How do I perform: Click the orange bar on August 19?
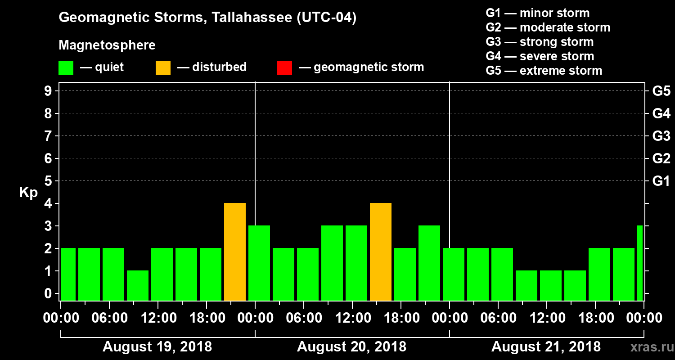point(235,252)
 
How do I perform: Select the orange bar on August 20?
point(381,252)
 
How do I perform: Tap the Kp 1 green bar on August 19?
point(138,285)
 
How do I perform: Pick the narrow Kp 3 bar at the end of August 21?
point(640,263)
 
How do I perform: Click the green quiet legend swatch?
point(66,68)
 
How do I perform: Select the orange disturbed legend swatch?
point(163,68)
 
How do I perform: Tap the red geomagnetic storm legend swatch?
point(284,68)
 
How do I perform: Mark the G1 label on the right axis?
point(661,181)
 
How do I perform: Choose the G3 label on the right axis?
point(661,136)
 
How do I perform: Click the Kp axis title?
point(28,193)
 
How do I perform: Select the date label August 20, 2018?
point(351,347)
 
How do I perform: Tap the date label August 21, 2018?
point(546,347)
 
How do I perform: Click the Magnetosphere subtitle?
point(107,45)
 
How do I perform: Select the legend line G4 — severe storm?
point(540,56)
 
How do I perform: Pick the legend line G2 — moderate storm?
point(548,27)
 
